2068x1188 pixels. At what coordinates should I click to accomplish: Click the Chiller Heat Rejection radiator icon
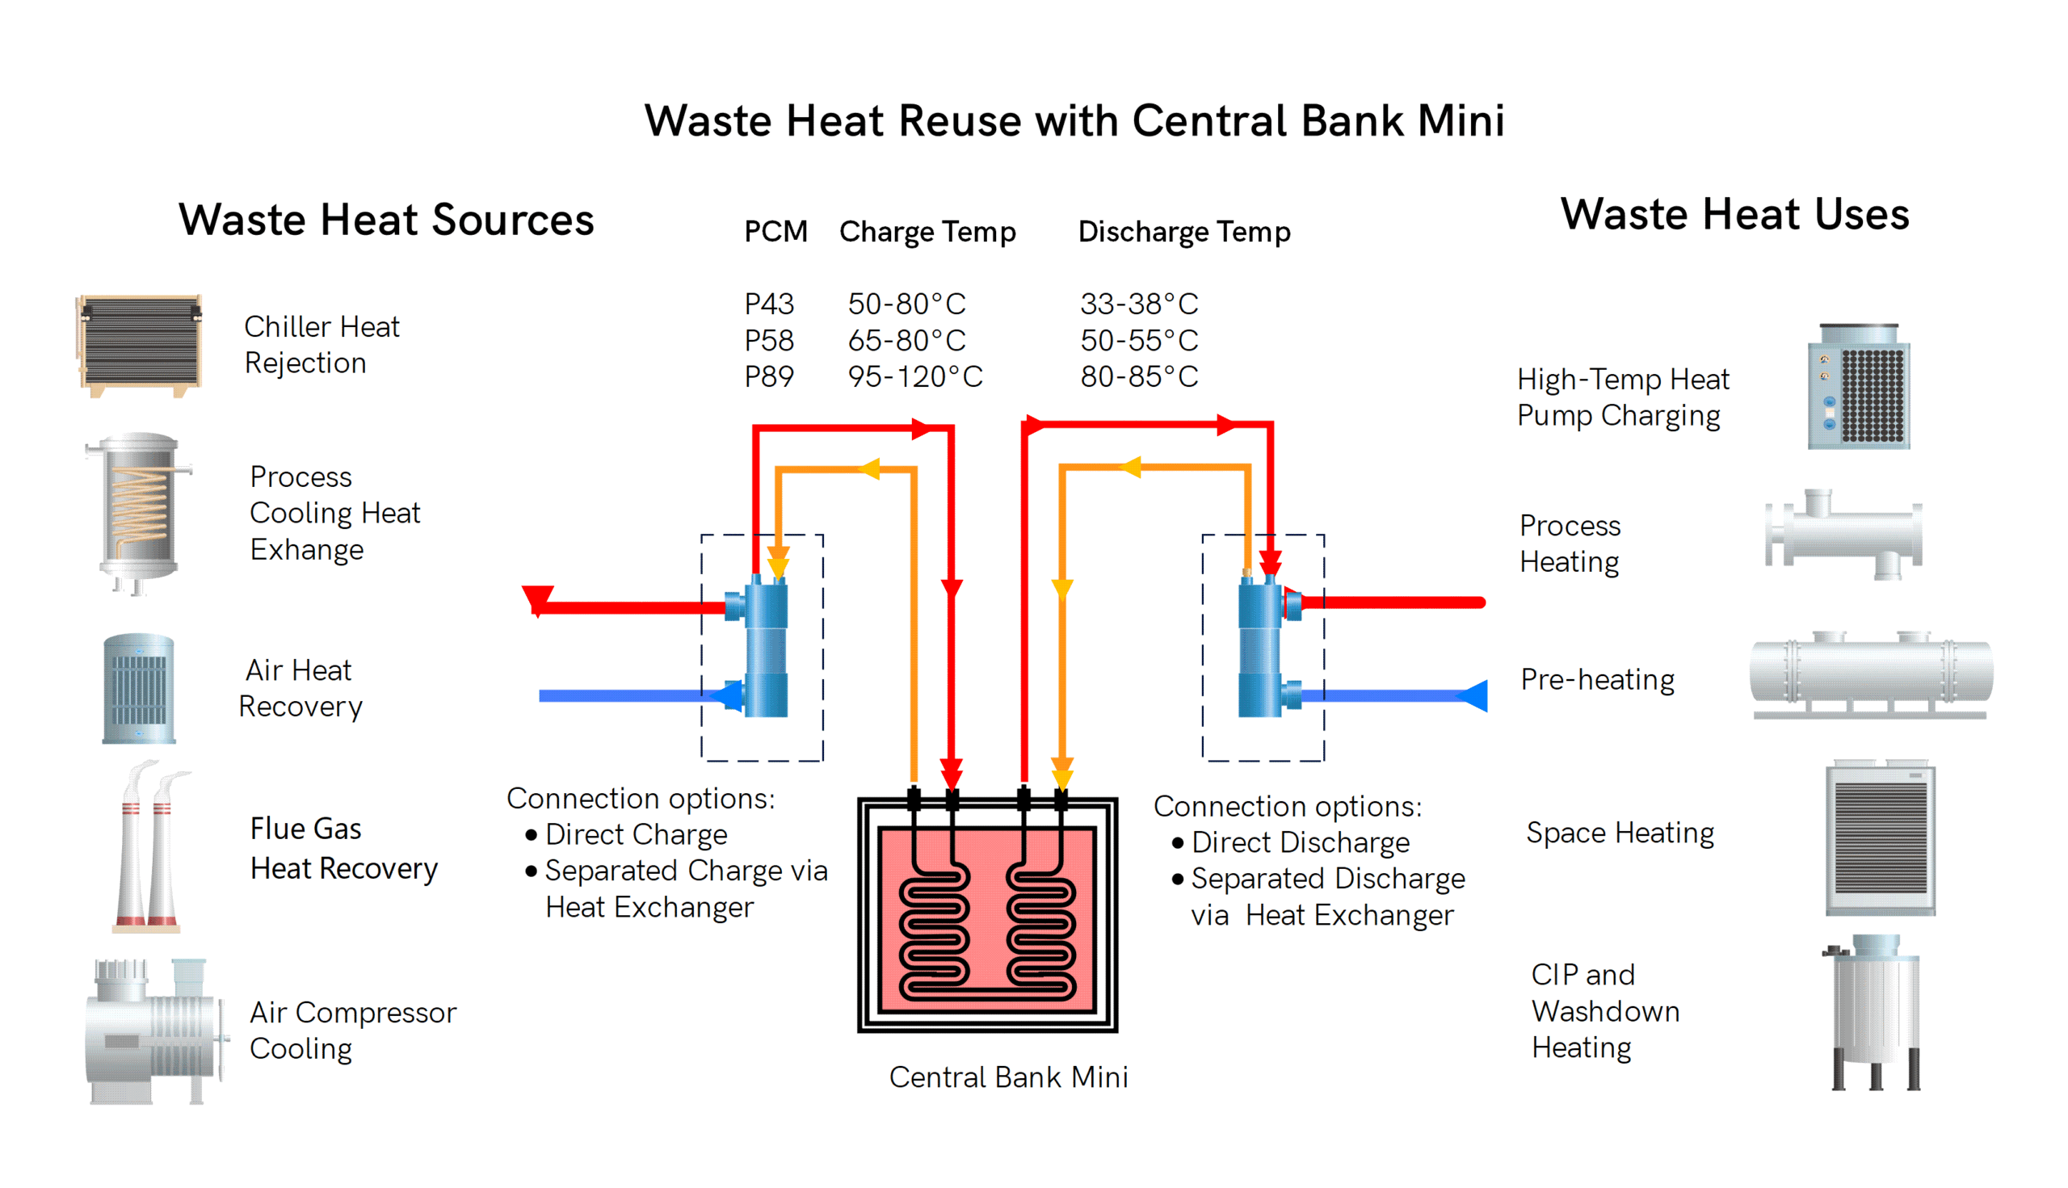(x=140, y=345)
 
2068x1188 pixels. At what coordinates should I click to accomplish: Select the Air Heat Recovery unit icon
(x=139, y=688)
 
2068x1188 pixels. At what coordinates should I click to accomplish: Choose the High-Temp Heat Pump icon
(x=1858, y=387)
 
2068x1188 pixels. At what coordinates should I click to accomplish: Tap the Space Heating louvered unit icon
(x=1880, y=838)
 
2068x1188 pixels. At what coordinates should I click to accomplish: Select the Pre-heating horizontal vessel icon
(x=1871, y=675)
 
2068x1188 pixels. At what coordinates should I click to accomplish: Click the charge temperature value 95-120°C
(x=915, y=377)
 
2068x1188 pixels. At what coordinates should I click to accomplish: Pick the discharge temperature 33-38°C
(x=1138, y=304)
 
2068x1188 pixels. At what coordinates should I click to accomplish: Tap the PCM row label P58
(x=769, y=340)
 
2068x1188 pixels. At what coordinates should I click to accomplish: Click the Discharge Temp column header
(x=1183, y=232)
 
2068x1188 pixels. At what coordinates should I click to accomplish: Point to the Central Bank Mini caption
(x=1008, y=1077)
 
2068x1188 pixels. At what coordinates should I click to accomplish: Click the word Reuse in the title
(x=960, y=121)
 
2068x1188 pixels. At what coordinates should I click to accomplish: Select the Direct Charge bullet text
(x=636, y=835)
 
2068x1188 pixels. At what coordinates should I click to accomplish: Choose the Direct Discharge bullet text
(x=1300, y=842)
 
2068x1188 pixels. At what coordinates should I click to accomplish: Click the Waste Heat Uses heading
(x=1734, y=215)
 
